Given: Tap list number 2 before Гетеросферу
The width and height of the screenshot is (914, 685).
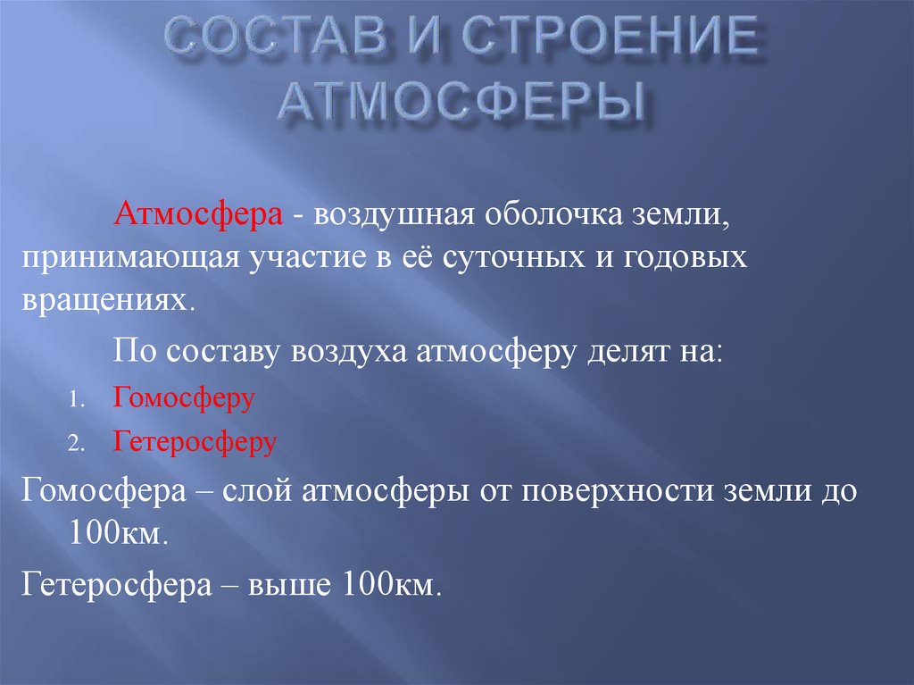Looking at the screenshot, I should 78,444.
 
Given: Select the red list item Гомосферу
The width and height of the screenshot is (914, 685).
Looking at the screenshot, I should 184,398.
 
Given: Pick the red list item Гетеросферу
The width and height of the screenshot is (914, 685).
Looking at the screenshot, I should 195,441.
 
